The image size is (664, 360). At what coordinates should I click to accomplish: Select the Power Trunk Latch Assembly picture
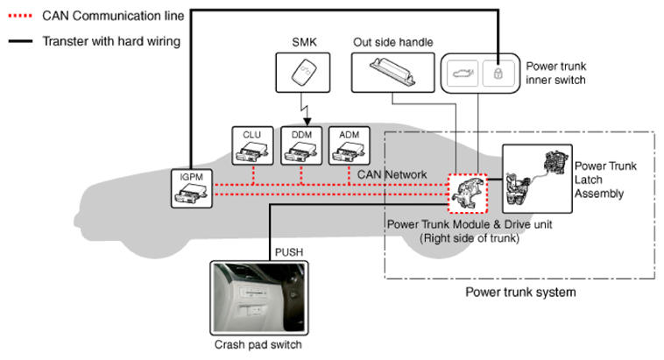click(537, 180)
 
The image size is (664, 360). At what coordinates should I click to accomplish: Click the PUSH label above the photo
click(289, 252)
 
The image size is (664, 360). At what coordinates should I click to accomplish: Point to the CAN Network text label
click(392, 175)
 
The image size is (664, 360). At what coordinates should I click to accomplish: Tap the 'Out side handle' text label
click(392, 42)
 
